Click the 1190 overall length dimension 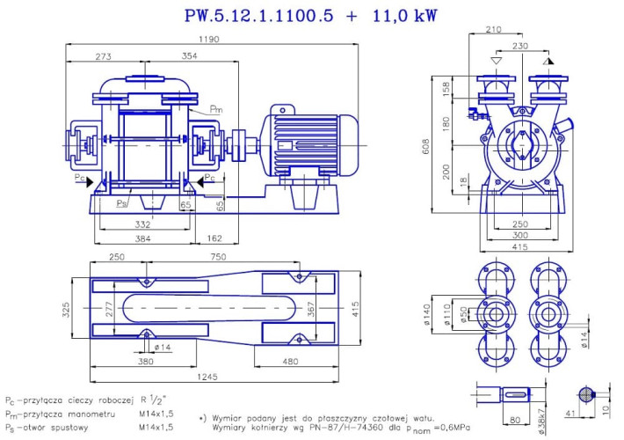(x=209, y=40)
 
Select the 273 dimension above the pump (x=104, y=56)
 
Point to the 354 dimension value (x=190, y=56)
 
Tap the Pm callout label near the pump (x=216, y=110)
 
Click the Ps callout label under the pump (x=123, y=202)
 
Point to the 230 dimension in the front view (x=522, y=46)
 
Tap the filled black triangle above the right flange (x=548, y=63)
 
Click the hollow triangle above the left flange (x=497, y=63)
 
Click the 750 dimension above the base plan (x=231, y=256)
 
